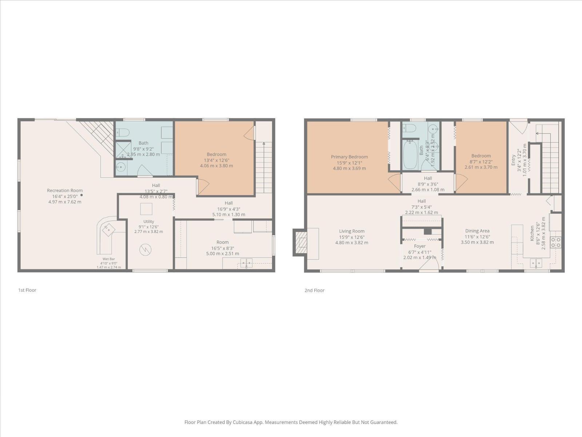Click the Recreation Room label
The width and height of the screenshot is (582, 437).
click(x=65, y=190)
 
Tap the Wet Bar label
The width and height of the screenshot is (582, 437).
click(x=109, y=259)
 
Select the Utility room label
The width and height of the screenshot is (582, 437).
click(x=149, y=221)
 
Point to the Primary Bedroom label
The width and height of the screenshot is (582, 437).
click(x=350, y=157)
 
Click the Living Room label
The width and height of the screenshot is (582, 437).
click(x=352, y=231)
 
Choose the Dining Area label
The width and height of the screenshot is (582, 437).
click(x=477, y=231)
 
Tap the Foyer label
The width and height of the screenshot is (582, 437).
click(x=420, y=246)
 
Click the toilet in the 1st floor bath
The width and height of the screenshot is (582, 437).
click(x=123, y=132)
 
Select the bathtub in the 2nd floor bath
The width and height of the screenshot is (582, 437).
click(x=410, y=155)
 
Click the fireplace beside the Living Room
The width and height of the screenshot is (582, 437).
click(x=300, y=242)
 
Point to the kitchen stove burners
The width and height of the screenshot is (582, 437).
click(x=556, y=242)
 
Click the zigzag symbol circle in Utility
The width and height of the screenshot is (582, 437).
click(x=145, y=250)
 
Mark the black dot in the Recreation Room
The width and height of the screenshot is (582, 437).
click(x=82, y=195)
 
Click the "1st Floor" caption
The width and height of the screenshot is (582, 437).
click(x=27, y=290)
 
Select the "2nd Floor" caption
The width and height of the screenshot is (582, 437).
click(x=315, y=290)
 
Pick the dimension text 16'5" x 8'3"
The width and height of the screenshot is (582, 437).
click(x=223, y=248)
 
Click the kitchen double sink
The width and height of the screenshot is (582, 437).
click(x=536, y=263)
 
